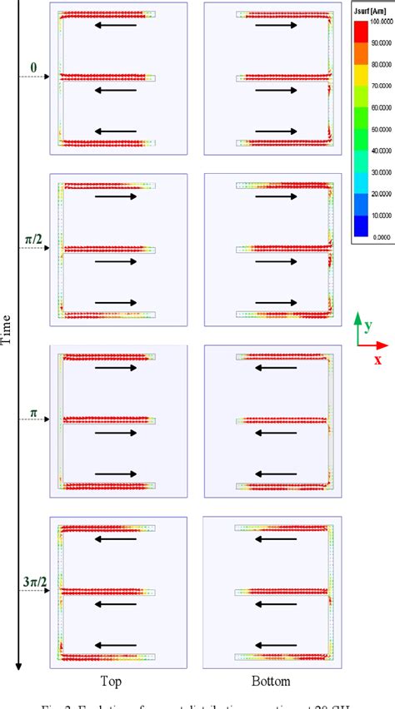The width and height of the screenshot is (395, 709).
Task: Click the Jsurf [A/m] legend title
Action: [x=372, y=14]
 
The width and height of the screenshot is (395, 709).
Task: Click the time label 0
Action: [x=34, y=67]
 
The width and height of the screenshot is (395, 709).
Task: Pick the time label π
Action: [x=33, y=412]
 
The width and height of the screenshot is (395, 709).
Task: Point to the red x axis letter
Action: [x=377, y=359]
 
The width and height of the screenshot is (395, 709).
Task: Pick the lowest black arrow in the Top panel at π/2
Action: [x=116, y=303]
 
